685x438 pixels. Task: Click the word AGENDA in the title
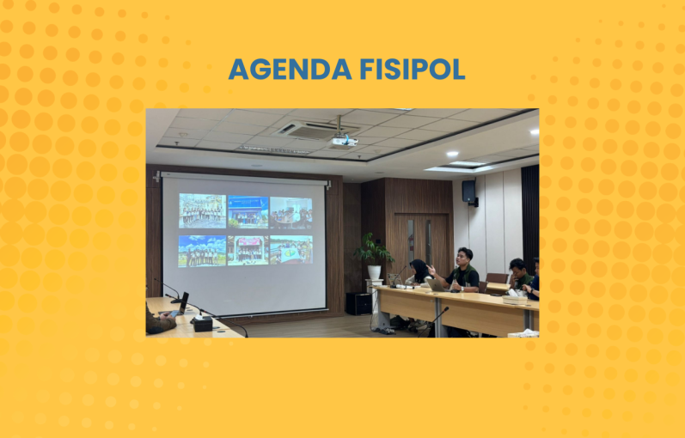point(291,69)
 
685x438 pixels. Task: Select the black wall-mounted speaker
point(468,192)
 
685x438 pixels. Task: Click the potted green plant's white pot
point(374,272)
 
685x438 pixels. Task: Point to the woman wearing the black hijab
point(419,272)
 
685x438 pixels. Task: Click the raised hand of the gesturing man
point(431,271)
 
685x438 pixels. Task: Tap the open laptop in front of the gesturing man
point(437,285)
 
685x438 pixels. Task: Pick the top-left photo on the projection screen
point(202,211)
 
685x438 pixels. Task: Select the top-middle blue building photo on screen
point(248,212)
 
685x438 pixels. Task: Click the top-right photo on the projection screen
point(291,213)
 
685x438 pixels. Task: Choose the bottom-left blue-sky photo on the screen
point(202,251)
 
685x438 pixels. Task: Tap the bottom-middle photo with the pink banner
point(248,250)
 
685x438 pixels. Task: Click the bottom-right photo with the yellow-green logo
point(291,250)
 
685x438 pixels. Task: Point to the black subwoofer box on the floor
point(358,303)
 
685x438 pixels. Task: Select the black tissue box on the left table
point(203,324)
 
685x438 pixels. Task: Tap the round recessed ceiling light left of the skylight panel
point(452,154)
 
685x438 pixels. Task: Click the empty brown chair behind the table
point(496,278)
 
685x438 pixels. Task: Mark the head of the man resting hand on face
point(517,267)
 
